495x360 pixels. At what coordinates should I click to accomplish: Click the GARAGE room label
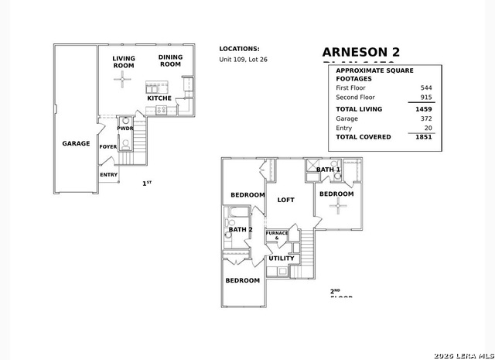click(x=76, y=143)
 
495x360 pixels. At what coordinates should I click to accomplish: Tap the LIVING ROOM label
click(x=124, y=62)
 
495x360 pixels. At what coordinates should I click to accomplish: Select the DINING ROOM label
click(x=170, y=60)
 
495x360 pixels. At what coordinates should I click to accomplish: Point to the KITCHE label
click(x=159, y=98)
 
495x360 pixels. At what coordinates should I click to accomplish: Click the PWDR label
click(x=125, y=129)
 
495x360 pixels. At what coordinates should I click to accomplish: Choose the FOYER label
click(x=108, y=146)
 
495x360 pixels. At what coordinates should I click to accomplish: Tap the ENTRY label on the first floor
click(x=108, y=174)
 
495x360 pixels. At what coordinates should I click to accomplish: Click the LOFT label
click(x=286, y=200)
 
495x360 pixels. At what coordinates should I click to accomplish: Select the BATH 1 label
click(x=328, y=169)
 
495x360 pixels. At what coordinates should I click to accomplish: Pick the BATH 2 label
click(x=241, y=229)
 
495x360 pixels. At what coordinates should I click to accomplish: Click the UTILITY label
click(x=282, y=258)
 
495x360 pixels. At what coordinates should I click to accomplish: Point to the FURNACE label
click(x=277, y=233)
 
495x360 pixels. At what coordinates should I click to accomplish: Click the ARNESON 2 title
click(x=361, y=52)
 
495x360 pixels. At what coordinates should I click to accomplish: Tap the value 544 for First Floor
click(x=426, y=88)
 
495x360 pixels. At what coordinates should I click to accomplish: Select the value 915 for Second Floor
click(x=426, y=98)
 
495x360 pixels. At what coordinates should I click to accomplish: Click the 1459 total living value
click(x=423, y=110)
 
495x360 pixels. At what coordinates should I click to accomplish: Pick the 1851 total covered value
click(x=423, y=137)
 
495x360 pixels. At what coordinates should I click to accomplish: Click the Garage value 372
click(x=426, y=118)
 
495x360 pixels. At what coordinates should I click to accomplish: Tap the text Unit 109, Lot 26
click(x=243, y=60)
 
